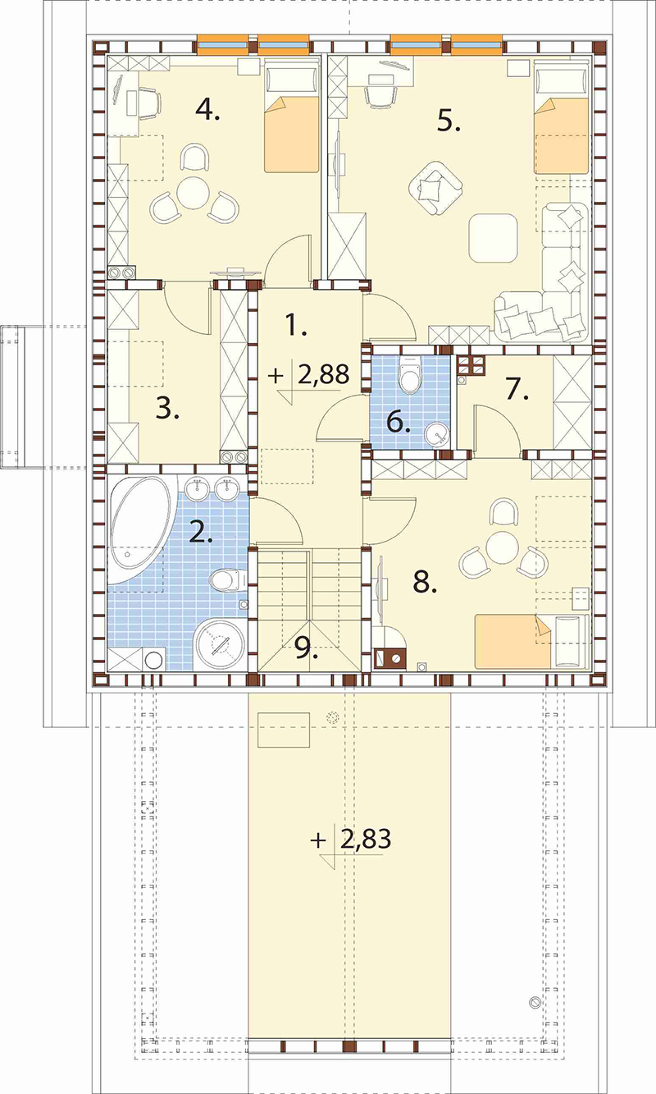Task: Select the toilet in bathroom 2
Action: [x=229, y=579]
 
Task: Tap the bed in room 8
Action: [x=532, y=641]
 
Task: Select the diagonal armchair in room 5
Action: [x=435, y=189]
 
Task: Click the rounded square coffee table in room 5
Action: [x=493, y=238]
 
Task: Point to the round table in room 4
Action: [x=193, y=193]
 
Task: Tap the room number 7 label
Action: [x=517, y=389]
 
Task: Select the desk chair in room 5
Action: [x=381, y=96]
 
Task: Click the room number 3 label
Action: [x=167, y=408]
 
